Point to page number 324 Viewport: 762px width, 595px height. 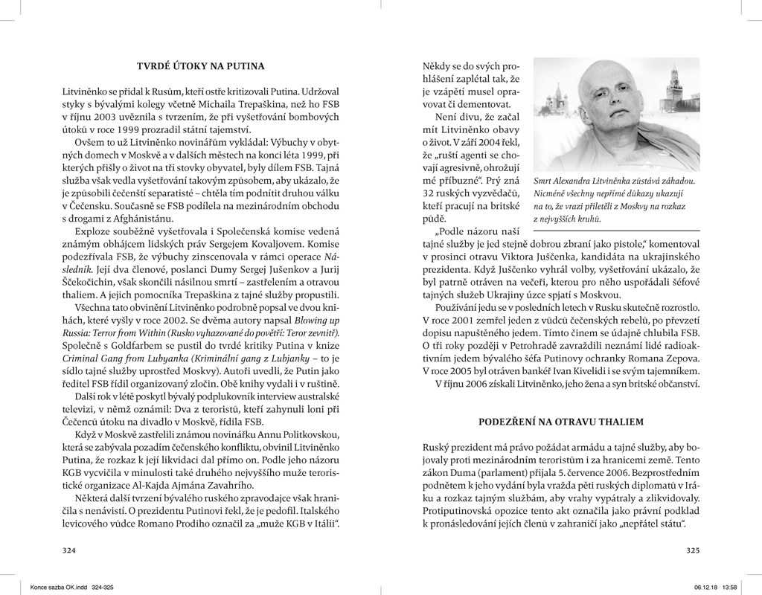pyautogui.click(x=69, y=550)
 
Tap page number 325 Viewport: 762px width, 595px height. pyautogui.click(x=692, y=550)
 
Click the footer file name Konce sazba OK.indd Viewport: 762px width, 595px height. pyautogui.click(x=57, y=585)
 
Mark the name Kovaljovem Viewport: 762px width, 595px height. pyautogui.click(x=289, y=242)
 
